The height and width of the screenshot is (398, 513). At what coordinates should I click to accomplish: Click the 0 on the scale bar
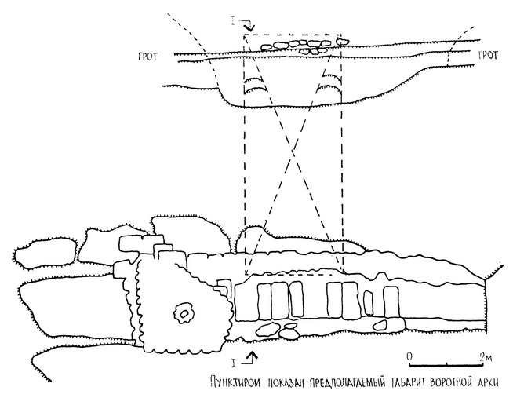[409, 356]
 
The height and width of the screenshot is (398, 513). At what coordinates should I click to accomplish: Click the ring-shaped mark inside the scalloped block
[183, 314]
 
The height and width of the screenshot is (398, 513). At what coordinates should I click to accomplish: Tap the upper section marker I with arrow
[246, 27]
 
